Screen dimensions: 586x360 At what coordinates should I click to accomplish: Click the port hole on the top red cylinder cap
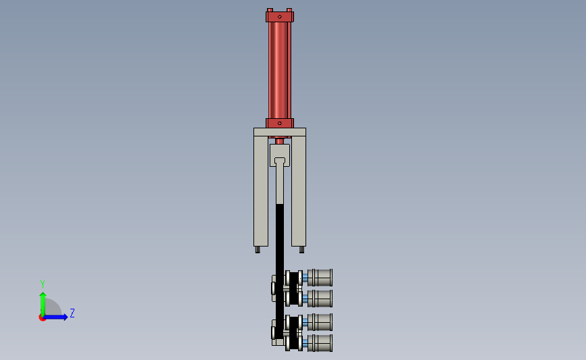pos(280,17)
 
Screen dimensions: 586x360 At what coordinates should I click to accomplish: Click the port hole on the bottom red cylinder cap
pos(280,123)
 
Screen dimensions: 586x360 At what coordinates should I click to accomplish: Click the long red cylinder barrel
pos(280,70)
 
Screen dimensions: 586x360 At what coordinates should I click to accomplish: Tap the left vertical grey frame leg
pos(261,191)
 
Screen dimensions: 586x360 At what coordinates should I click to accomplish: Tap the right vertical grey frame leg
pos(299,191)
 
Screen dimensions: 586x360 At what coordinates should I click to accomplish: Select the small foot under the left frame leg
pos(258,249)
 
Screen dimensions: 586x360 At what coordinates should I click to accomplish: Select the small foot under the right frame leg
pos(301,249)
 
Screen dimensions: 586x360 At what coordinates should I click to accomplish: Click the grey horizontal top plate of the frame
pos(280,132)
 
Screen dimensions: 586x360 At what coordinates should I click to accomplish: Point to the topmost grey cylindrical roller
pos(320,278)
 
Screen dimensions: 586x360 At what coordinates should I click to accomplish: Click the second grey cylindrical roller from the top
pos(320,299)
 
